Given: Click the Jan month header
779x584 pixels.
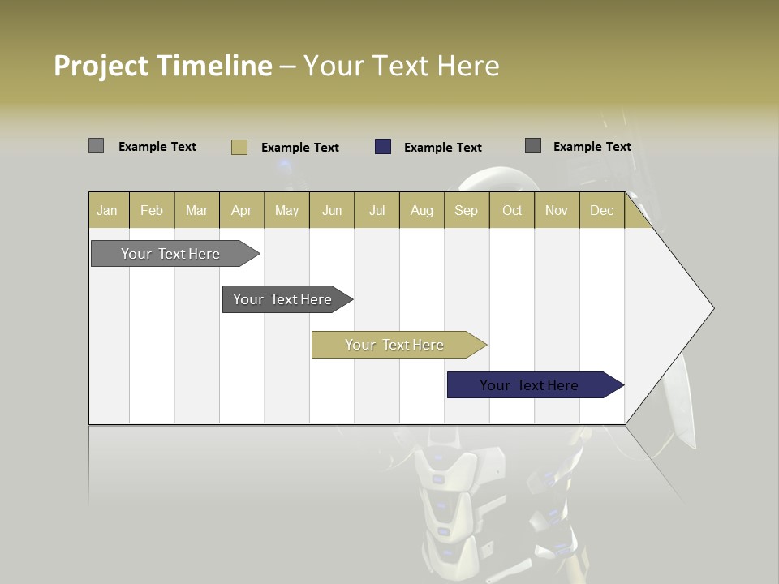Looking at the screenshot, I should pyautogui.click(x=107, y=210).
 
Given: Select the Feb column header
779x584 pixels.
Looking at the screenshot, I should pyautogui.click(x=152, y=210).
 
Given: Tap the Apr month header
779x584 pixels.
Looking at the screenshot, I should pyautogui.click(x=242, y=210).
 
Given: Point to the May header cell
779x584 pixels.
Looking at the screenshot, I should pyautogui.click(x=286, y=210).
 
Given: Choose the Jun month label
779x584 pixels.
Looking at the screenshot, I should pyautogui.click(x=332, y=210).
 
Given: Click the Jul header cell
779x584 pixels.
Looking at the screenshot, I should pyautogui.click(x=377, y=210).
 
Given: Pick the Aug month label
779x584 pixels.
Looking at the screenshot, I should pyautogui.click(x=422, y=210).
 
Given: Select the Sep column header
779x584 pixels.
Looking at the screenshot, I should pyautogui.click(x=467, y=210).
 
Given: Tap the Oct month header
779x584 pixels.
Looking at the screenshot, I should pyautogui.click(x=512, y=210).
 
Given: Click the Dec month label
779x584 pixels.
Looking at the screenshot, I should pyautogui.click(x=602, y=210).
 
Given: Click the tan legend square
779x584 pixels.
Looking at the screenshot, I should pyautogui.click(x=239, y=147).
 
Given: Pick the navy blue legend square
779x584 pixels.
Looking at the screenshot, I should pyautogui.click(x=383, y=147).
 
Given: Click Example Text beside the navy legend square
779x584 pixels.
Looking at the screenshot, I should pyautogui.click(x=443, y=148).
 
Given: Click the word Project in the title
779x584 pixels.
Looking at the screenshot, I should pyautogui.click(x=101, y=66).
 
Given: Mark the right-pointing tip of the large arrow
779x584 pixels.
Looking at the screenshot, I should pyautogui.click(x=712, y=308).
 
